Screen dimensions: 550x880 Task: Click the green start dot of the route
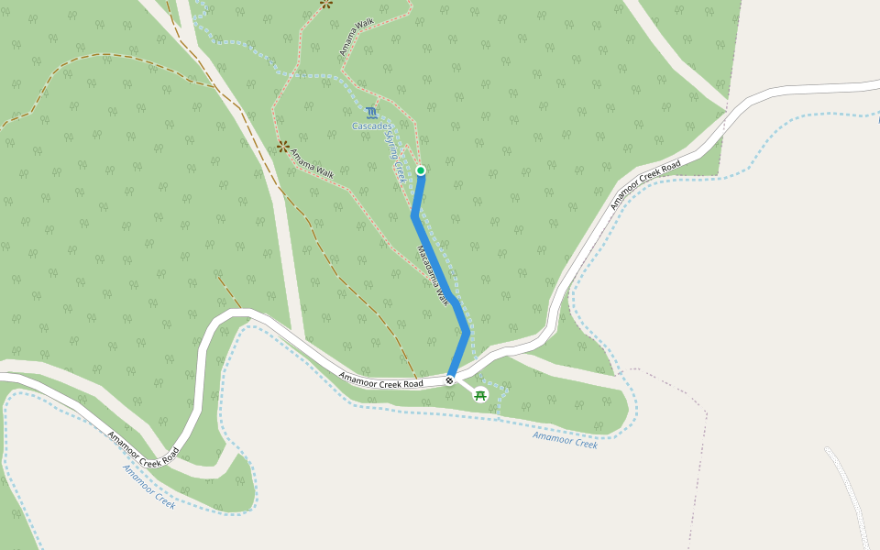coord(421,170)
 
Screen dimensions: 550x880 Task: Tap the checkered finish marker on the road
coord(450,380)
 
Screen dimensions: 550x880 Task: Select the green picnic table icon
coord(479,395)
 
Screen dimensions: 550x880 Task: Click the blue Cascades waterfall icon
coord(371,113)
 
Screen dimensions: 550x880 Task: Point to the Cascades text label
coord(372,126)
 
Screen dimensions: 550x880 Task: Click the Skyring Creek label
coord(396,156)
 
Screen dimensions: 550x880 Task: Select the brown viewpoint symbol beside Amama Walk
coord(283,146)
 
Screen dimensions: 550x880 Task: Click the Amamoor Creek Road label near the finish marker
coord(380,379)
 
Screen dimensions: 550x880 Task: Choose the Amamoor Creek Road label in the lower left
coord(142,449)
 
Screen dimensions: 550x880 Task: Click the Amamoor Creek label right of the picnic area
coord(565,440)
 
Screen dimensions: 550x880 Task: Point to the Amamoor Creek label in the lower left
coord(148,486)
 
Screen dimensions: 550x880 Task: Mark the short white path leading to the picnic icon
coord(464,388)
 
